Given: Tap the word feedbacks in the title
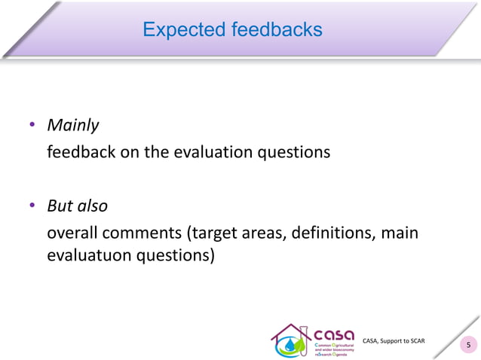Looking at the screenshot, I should pos(272,29).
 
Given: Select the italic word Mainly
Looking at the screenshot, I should pos(73,125).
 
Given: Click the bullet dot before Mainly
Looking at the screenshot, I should pos(32,125).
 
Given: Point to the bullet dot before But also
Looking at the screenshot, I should pos(32,205).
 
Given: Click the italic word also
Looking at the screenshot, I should pos(93,205).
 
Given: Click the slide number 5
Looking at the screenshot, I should pos(469,346).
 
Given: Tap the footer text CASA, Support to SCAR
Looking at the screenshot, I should pos(394,341).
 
